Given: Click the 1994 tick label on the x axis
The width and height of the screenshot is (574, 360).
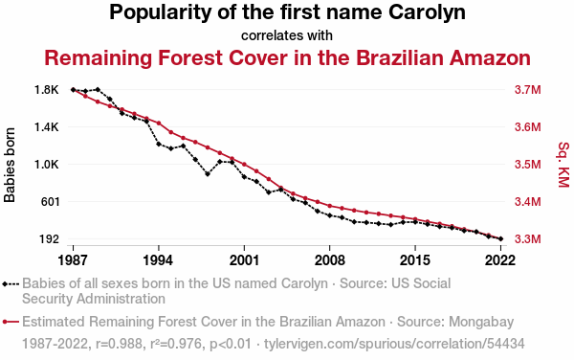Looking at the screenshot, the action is pos(158,260).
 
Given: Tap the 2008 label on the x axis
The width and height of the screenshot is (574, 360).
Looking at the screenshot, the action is pos(329,260).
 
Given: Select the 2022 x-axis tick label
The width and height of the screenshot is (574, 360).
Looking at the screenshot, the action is pos(500,260).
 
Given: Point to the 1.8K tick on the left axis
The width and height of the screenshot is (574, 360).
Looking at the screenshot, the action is pos(47,90).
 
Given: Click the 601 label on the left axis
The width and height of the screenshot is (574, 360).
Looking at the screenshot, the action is pos(50,201).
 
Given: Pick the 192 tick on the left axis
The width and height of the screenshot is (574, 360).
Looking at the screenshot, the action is pos(50,238).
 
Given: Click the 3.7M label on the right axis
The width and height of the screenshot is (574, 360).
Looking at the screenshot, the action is pos(527,90).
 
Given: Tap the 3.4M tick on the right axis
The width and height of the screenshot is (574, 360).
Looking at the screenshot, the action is pos(527,201).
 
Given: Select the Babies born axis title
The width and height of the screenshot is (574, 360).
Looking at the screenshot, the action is pos(10,165).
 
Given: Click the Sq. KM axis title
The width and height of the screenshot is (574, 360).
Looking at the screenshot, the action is pos(563,165).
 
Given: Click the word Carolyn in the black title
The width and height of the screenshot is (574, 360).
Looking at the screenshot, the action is pos(427,12).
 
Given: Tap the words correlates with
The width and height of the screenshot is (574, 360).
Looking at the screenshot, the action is pos(287,35).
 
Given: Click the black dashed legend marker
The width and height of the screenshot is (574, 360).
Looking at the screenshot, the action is pos(11,284).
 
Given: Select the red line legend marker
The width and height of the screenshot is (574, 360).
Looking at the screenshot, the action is pos(11,322).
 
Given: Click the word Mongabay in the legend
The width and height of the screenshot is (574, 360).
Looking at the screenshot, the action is pos(481,322).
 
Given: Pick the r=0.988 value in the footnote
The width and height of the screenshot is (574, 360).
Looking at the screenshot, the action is pos(119,344).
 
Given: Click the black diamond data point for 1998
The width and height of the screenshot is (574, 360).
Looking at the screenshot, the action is pos(208,174).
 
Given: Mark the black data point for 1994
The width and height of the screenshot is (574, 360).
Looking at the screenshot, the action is pos(159,144).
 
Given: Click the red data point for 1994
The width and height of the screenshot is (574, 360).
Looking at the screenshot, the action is pos(159,124).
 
